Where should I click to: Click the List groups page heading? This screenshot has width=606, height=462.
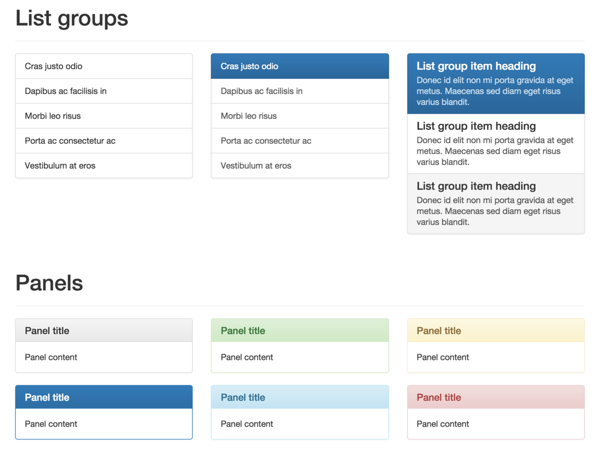point(71,18)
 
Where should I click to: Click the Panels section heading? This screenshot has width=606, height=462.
point(49,283)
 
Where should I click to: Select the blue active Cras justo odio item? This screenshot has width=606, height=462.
point(249,66)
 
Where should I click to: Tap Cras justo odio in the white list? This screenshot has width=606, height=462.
point(53,66)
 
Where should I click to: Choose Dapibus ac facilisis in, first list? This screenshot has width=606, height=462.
point(66,91)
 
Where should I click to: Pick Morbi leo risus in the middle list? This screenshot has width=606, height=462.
point(248,116)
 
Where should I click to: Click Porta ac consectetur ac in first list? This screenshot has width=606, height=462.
point(70,141)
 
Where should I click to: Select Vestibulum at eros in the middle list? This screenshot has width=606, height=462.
point(256,165)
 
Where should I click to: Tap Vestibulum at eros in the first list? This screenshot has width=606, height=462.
point(60,165)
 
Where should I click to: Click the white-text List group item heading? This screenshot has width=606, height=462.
point(476,66)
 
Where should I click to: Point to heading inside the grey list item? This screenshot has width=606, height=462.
point(476,186)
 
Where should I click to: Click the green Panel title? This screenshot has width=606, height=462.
point(243,331)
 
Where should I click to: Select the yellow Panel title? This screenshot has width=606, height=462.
point(439,331)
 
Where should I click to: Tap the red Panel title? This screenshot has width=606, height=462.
point(439,397)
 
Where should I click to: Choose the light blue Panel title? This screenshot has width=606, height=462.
point(243,397)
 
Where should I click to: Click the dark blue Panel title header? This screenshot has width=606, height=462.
point(47,397)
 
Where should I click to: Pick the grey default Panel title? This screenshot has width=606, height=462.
point(47,331)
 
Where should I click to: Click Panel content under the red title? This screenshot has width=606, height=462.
point(442,423)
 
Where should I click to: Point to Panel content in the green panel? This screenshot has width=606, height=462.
point(247,357)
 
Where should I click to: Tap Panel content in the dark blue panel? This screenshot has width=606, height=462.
point(51,423)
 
